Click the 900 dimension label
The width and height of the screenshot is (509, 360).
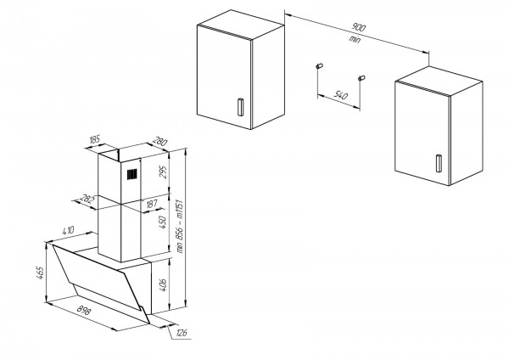[358, 27]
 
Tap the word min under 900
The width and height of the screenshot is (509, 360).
[355, 40]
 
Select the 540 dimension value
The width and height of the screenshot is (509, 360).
[340, 95]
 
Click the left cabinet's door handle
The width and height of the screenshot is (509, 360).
[240, 107]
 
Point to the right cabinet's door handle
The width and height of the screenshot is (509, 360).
[439, 163]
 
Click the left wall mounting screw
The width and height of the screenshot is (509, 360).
[319, 66]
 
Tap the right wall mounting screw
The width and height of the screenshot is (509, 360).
[361, 78]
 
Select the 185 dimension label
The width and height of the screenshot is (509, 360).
[94, 140]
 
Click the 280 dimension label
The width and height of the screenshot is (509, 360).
[159, 142]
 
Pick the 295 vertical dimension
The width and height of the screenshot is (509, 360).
[163, 172]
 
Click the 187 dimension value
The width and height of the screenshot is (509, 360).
[152, 204]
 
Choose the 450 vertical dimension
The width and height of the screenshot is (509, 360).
[162, 222]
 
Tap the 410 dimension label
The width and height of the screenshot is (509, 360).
[68, 230]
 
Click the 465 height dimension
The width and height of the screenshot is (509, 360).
[40, 273]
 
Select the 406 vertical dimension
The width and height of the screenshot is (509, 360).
[163, 284]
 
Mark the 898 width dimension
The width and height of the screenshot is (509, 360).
[84, 311]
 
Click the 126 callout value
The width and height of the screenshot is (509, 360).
[182, 333]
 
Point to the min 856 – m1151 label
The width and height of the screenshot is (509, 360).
[179, 227]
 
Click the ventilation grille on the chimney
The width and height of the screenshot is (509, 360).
[132, 174]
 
